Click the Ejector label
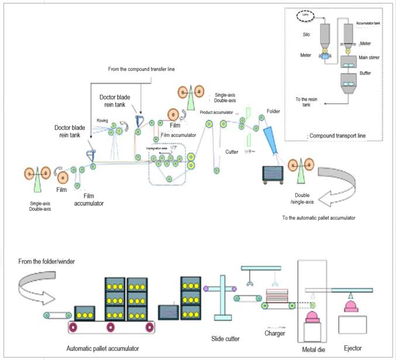(x=353, y=348)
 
